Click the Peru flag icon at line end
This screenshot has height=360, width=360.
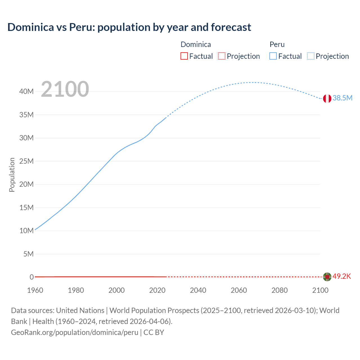327,98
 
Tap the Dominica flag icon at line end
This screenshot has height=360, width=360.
327,277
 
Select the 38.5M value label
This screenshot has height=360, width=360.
342,98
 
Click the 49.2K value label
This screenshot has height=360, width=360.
342,276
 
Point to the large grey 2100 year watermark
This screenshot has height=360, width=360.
65,89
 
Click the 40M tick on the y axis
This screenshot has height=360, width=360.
26,91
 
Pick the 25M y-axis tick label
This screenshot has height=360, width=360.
26,161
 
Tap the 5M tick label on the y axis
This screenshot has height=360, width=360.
28,254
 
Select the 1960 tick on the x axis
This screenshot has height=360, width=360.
35,290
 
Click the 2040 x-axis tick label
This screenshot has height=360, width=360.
198,290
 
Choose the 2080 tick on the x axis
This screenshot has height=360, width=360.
280,290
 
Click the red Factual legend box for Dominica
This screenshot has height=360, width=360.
184,56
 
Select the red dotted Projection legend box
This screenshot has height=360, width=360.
222,56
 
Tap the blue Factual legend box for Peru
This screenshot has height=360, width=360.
273,56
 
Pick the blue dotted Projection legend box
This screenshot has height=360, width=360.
311,56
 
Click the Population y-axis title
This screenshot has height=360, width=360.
12,175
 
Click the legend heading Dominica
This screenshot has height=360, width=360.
196,44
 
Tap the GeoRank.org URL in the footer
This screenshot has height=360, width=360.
75,332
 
